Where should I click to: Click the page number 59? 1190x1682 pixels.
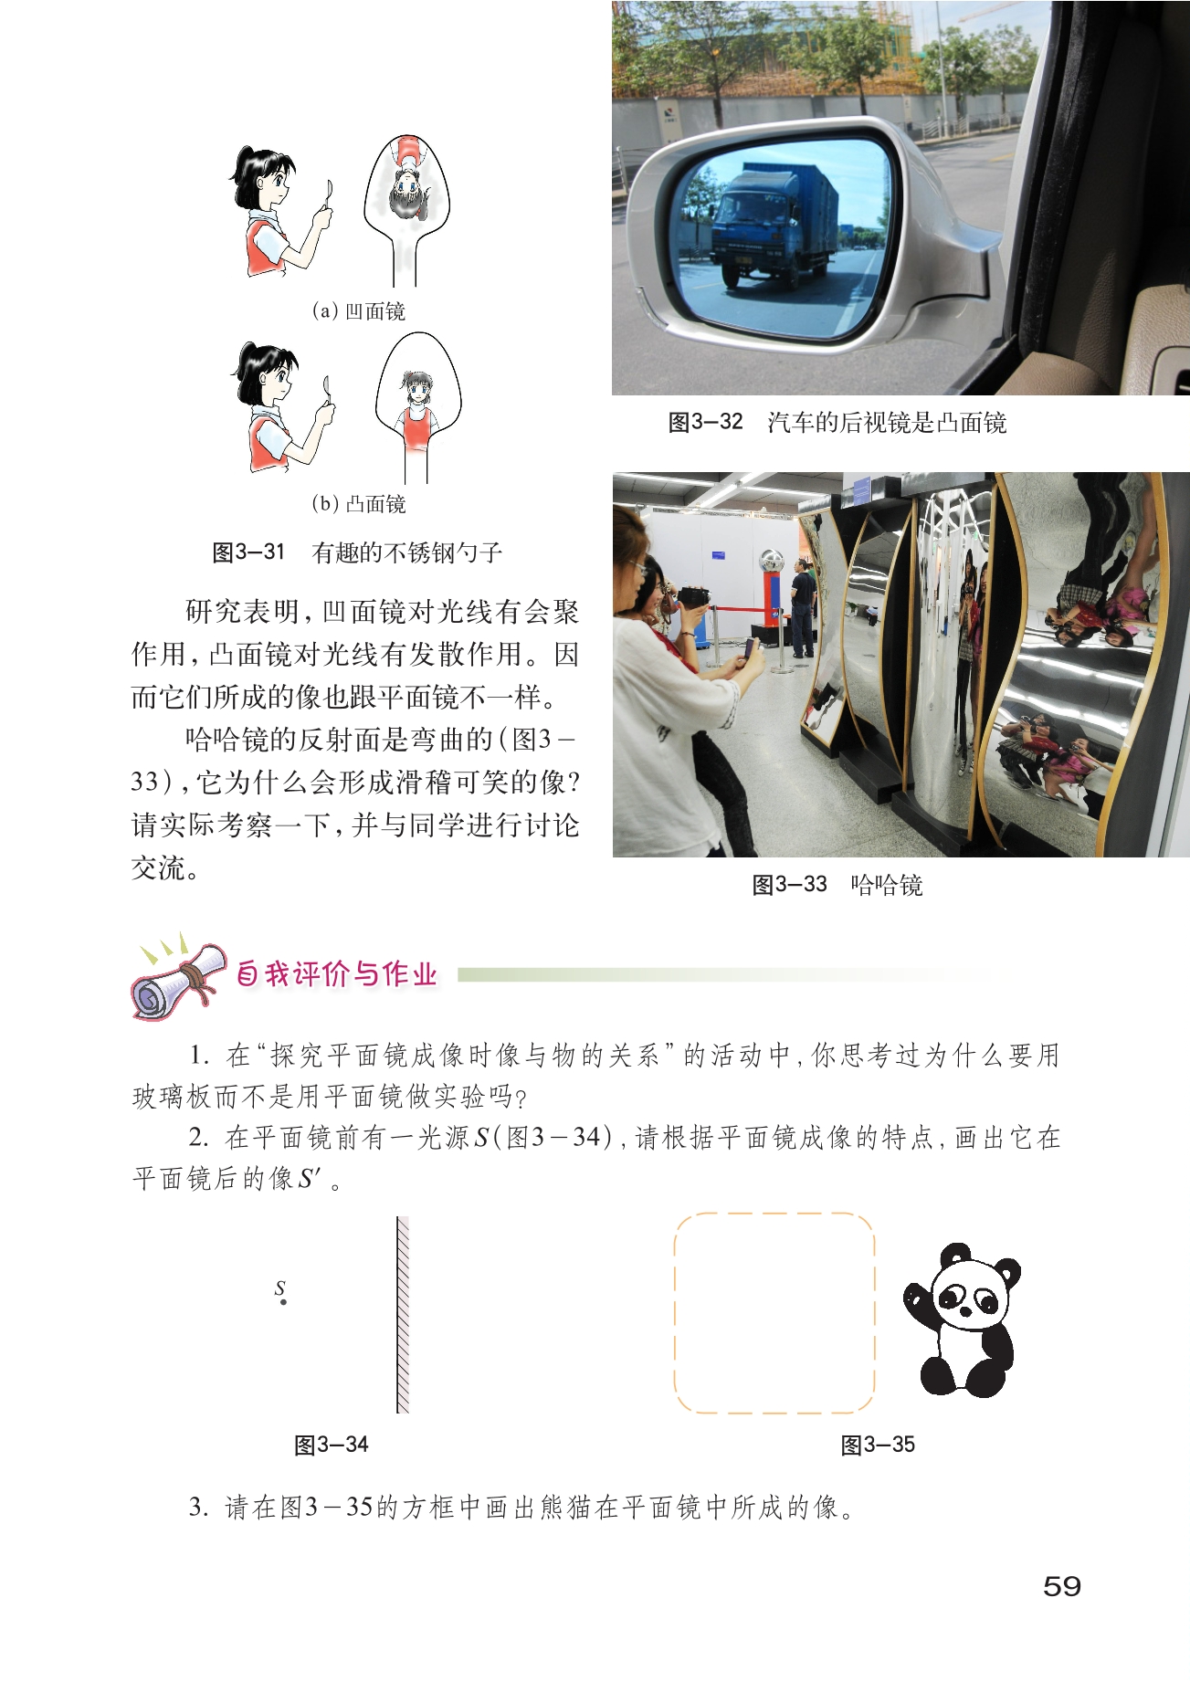1061,1586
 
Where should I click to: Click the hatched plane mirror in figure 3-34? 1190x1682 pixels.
403,1315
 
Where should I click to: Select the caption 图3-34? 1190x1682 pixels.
331,1445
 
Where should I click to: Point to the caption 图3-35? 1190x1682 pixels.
878,1445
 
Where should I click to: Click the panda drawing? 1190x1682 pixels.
961,1319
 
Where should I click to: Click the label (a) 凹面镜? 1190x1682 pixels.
358,311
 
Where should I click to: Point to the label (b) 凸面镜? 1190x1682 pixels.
358,504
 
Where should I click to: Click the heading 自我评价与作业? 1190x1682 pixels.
337,974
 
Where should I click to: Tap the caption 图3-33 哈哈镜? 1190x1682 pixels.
837,885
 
